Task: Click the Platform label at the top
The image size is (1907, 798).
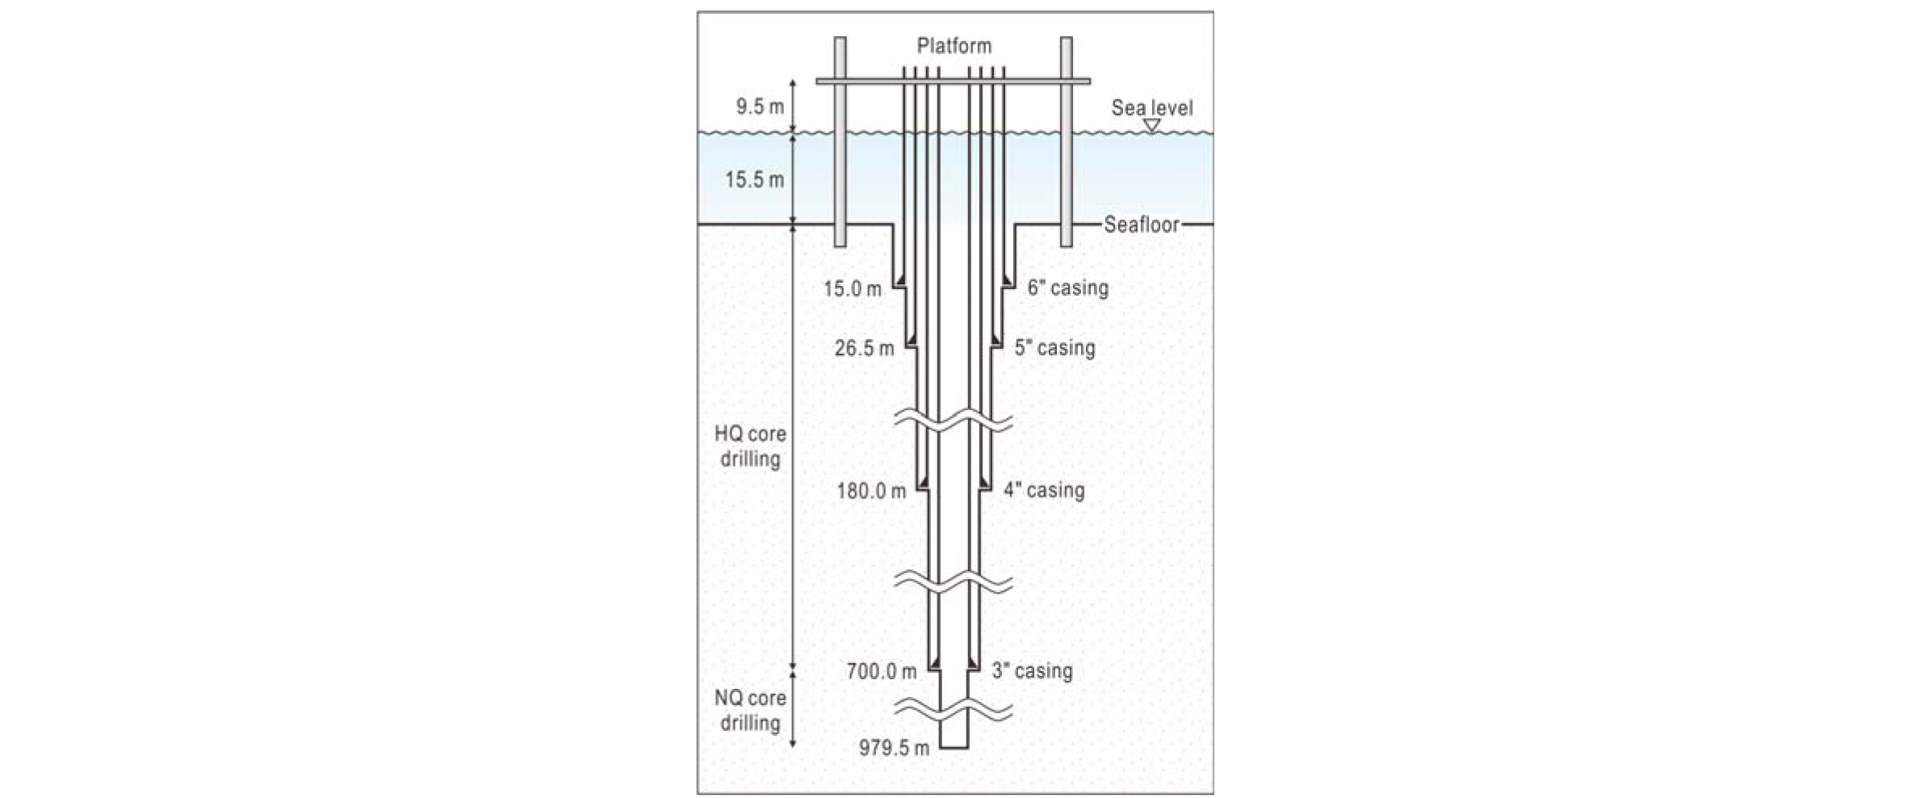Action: pos(953,46)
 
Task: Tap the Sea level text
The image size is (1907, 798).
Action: pos(1151,107)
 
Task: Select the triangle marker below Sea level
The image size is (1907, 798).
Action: pos(1152,126)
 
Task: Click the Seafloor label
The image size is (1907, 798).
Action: pos(1142,225)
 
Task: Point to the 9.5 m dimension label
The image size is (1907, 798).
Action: pos(760,107)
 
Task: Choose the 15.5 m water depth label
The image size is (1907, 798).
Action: pos(754,179)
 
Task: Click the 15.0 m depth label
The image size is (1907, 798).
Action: pos(853,288)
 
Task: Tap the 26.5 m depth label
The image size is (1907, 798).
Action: pos(864,348)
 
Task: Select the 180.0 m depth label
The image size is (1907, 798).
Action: pos(871,490)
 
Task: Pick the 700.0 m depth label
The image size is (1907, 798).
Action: pos(882,671)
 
